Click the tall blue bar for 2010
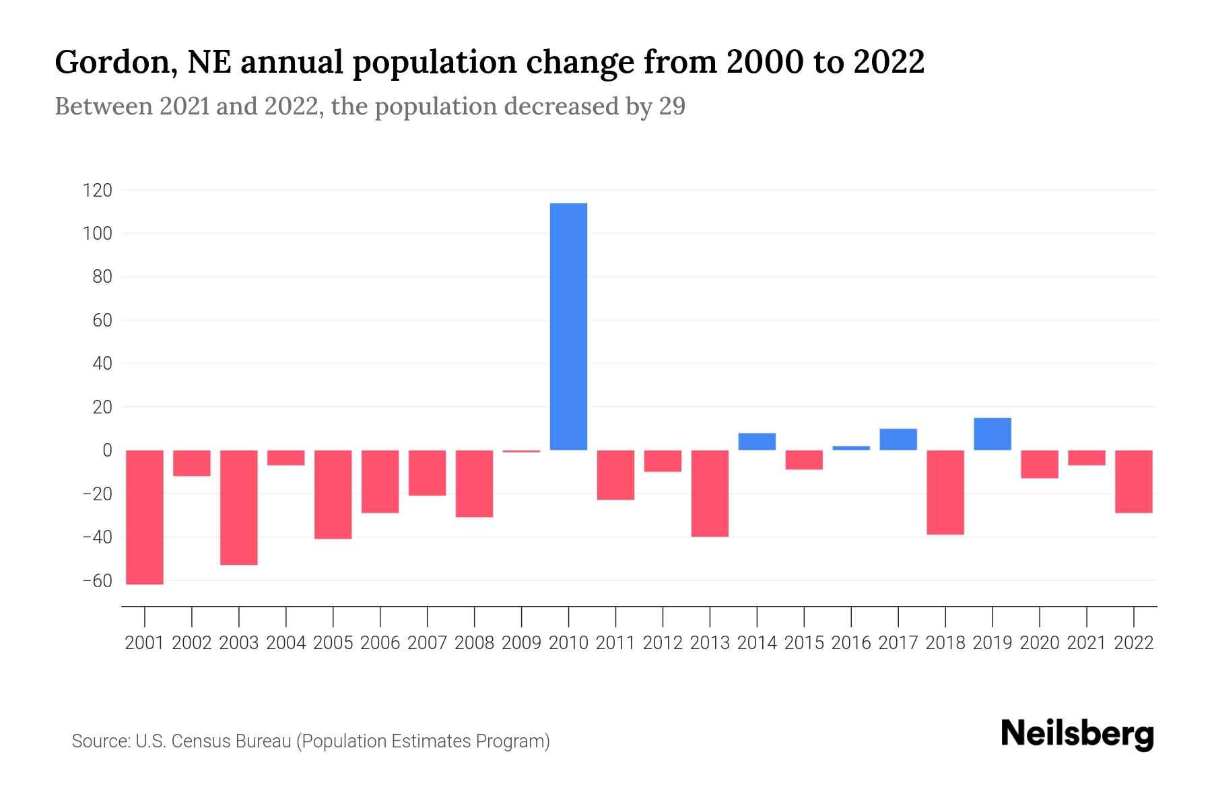pos(568,327)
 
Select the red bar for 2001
pos(145,517)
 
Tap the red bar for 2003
pos(239,507)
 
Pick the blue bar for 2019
pos(992,434)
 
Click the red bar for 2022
pos(1134,481)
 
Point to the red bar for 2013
pos(710,493)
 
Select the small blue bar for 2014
pos(757,442)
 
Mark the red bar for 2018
pos(945,492)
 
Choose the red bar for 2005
pos(333,494)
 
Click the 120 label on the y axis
pos(97,191)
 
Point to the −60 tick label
pos(97,580)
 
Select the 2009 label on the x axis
pos(521,643)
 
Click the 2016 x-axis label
pos(851,643)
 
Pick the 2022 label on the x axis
pos(1134,643)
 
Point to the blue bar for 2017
pos(898,440)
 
